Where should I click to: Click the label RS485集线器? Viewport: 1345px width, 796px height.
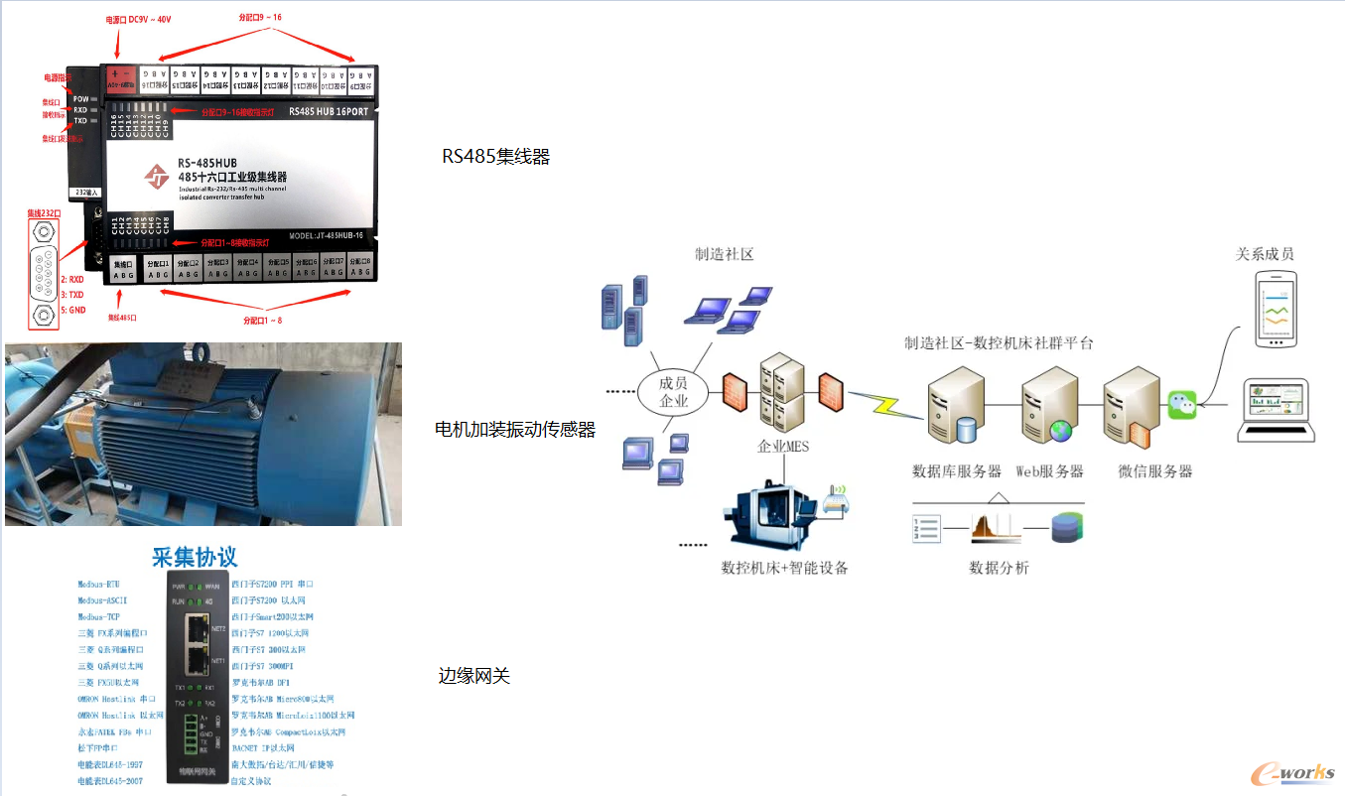pyautogui.click(x=495, y=157)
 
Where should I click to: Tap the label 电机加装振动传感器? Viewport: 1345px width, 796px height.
pyautogui.click(x=515, y=430)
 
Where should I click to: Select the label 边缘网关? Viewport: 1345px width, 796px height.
pyautogui.click(x=474, y=676)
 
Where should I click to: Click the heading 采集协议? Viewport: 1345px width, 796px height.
pyautogui.click(x=195, y=557)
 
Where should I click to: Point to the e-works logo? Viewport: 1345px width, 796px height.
pyautogui.click(x=1290, y=773)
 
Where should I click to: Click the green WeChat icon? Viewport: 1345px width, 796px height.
pyautogui.click(x=1181, y=404)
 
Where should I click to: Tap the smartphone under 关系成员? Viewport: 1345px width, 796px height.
pyautogui.click(x=1275, y=308)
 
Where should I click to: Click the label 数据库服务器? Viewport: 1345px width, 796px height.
pyautogui.click(x=957, y=471)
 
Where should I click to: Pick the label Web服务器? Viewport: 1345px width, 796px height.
pyautogui.click(x=1049, y=471)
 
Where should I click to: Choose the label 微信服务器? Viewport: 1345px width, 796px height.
pyautogui.click(x=1155, y=471)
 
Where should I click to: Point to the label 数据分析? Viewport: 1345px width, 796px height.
pyautogui.click(x=999, y=568)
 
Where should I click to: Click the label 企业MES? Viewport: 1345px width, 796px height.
pyautogui.click(x=783, y=447)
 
